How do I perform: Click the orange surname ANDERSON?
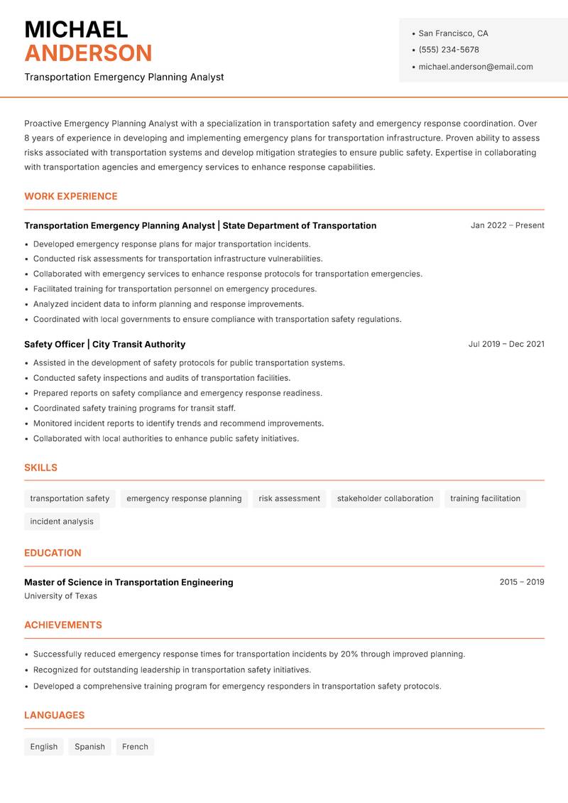(88, 53)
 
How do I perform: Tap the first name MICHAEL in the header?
(76, 29)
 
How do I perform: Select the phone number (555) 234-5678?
(449, 50)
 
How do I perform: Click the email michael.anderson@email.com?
(475, 67)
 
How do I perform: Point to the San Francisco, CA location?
(453, 33)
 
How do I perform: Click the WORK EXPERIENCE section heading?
(71, 196)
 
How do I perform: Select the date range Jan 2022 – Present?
(507, 225)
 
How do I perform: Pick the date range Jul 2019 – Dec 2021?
(506, 344)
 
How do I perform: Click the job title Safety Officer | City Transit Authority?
(104, 344)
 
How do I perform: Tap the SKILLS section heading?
(40, 468)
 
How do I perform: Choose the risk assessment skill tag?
(289, 499)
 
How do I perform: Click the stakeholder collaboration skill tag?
(385, 499)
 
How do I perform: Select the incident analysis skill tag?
(62, 522)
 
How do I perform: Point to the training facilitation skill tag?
(485, 499)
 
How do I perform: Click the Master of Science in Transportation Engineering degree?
(129, 582)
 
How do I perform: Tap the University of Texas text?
(60, 596)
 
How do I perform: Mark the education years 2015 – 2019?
(521, 582)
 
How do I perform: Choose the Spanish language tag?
(89, 747)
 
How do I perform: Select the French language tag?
(135, 747)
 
